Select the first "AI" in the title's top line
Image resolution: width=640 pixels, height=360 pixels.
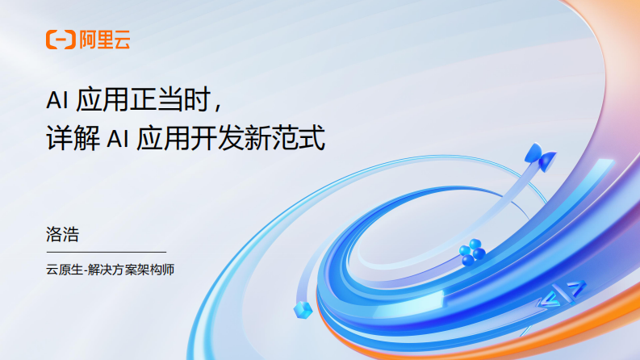pos(56,100)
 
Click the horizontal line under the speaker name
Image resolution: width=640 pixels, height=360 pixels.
pos(106,252)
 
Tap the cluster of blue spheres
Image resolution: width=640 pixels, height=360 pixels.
pos(471,253)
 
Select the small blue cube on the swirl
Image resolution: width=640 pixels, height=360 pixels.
pos(303,312)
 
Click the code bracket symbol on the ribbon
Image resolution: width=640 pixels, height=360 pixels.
pos(560,295)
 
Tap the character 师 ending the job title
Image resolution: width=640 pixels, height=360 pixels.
pos(168,270)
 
